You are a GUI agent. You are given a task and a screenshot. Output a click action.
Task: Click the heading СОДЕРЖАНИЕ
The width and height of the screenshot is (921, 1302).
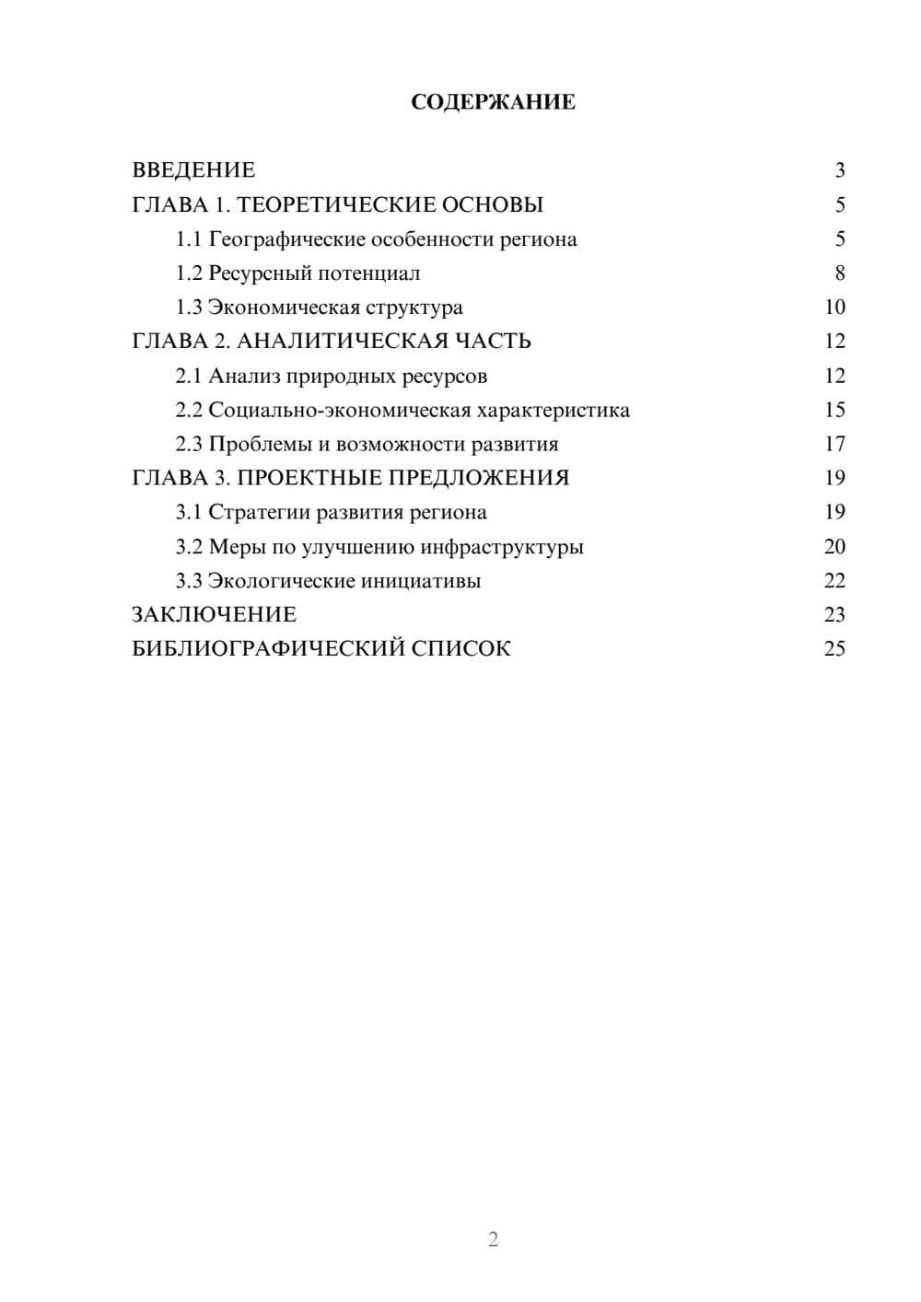493,102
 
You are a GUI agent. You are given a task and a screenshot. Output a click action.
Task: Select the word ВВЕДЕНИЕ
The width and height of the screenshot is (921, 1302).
193,170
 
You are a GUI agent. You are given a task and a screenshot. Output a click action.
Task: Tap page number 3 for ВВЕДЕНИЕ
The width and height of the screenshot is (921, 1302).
839,170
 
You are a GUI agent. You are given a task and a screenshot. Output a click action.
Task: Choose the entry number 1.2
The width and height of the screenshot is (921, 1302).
189,273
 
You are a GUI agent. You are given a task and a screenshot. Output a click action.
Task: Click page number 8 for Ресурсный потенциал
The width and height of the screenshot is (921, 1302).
839,273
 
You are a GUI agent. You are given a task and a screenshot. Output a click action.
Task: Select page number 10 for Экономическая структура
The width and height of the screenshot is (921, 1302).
834,308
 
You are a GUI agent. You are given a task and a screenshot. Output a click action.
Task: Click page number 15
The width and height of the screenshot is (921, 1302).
834,410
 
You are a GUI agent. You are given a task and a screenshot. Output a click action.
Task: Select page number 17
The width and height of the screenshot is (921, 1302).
834,445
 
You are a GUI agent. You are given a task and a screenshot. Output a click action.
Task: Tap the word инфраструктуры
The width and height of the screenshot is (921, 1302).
502,547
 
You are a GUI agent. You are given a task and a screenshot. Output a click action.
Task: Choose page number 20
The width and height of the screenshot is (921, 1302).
834,547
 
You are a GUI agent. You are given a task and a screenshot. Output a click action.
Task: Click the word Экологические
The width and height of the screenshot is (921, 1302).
281,581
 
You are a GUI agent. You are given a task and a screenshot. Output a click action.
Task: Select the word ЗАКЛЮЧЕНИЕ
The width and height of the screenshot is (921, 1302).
214,614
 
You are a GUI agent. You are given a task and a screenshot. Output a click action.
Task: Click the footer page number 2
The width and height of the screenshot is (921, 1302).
493,1239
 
